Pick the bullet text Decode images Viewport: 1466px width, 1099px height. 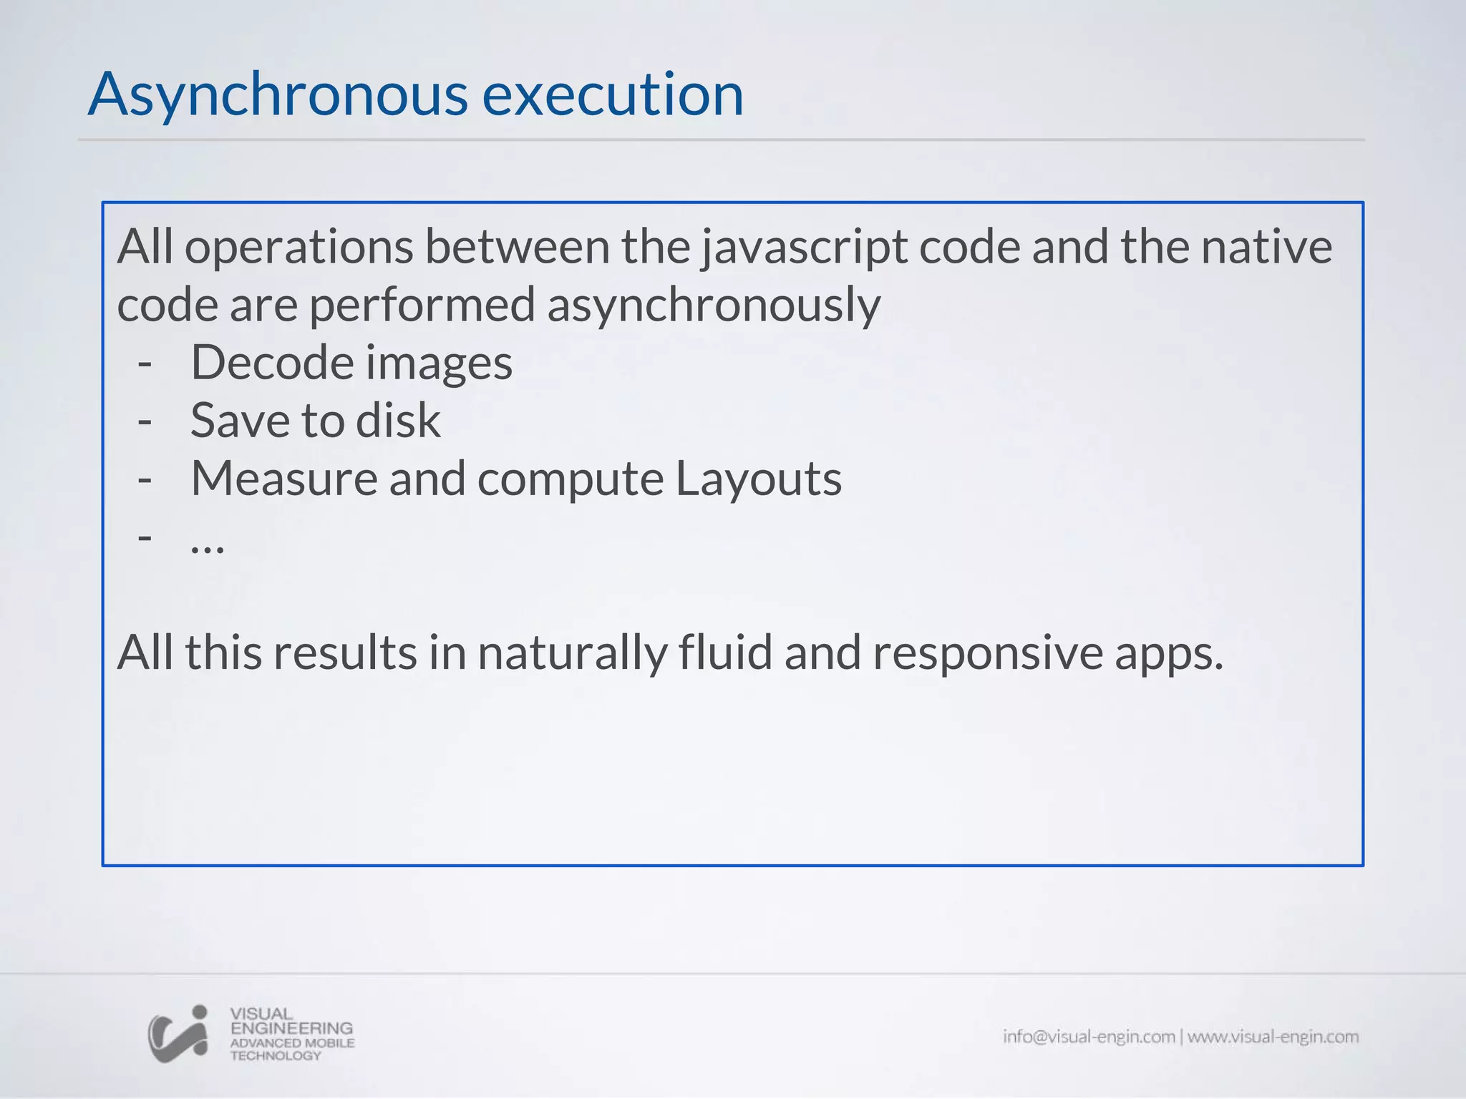pyautogui.click(x=351, y=363)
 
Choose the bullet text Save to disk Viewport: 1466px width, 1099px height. pyautogui.click(x=315, y=421)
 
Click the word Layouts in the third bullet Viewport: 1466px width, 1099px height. pyautogui.click(x=759, y=479)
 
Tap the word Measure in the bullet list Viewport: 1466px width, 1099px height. pyautogui.click(x=284, y=479)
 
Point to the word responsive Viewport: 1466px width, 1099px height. pyautogui.click(x=988, y=654)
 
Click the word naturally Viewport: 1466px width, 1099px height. pyautogui.click(x=572, y=654)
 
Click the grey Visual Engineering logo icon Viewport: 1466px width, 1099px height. pyautogui.click(x=178, y=1034)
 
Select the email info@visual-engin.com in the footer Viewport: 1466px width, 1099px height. pyautogui.click(x=1089, y=1037)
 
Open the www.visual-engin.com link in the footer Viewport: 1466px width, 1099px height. pyautogui.click(x=1273, y=1037)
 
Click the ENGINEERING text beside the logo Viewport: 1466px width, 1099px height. pyautogui.click(x=291, y=1028)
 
